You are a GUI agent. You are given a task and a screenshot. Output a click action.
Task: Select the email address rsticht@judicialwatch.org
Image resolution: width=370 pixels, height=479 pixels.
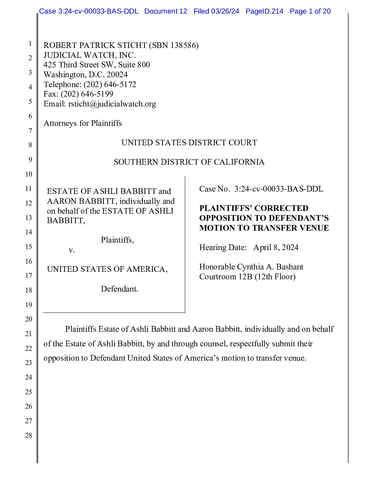112,104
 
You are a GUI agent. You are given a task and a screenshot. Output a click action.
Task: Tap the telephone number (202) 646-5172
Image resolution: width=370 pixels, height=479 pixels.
110,85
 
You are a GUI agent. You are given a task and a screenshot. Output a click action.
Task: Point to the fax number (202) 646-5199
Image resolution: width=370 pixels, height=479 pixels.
87,94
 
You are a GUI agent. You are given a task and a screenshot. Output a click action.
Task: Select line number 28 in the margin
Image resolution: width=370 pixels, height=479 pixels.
29,435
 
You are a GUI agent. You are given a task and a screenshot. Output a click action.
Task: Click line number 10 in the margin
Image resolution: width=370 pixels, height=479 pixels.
29,174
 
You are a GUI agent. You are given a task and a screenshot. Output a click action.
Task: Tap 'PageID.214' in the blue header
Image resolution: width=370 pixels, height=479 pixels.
264,11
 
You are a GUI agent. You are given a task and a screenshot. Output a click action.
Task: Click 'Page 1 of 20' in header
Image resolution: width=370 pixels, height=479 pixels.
310,11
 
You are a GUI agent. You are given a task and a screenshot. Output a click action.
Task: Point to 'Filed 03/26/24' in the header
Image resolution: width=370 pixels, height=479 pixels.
216,11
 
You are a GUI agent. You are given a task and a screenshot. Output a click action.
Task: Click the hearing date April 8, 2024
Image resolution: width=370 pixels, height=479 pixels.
276,248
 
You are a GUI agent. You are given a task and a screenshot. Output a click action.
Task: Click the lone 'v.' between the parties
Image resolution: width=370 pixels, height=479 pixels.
71,250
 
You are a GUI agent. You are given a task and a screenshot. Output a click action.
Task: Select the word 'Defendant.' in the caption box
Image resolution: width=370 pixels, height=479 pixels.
119,289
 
